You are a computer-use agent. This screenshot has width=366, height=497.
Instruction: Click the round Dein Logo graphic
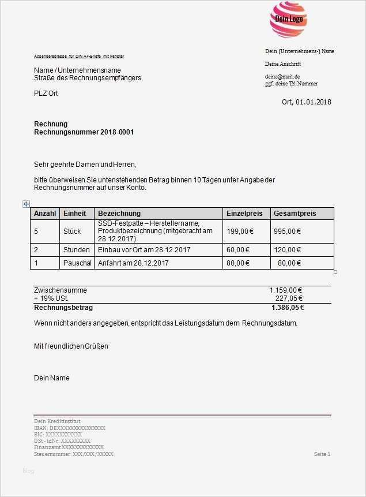tap(289, 20)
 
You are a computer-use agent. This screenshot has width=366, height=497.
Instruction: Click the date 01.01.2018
tap(314, 102)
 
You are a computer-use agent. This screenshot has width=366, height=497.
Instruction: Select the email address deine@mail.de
tap(282, 76)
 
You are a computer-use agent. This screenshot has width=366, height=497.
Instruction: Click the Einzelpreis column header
tap(244, 214)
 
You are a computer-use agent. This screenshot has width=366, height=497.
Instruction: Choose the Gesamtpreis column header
tap(295, 214)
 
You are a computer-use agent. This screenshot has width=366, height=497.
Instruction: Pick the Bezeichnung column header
tap(119, 214)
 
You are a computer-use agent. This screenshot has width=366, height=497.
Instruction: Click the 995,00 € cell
tap(287, 231)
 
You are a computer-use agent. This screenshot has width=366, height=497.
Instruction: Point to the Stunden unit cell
tap(77, 250)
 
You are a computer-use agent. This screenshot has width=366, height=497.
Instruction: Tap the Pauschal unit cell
tap(77, 263)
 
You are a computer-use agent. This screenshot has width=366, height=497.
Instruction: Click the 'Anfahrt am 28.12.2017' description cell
tap(133, 263)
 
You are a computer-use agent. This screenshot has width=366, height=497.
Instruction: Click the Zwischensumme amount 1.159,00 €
tap(286, 290)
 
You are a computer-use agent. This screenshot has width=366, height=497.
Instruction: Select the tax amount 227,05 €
tap(289, 298)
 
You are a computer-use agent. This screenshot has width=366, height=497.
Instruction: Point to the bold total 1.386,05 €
tap(287, 308)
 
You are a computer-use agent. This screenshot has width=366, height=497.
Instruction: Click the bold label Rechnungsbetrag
tap(63, 308)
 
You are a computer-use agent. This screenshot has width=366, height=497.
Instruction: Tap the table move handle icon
tap(26, 204)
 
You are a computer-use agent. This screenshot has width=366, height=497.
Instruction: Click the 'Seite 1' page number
tap(322, 454)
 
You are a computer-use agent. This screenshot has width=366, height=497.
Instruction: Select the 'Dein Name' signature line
tap(52, 378)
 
